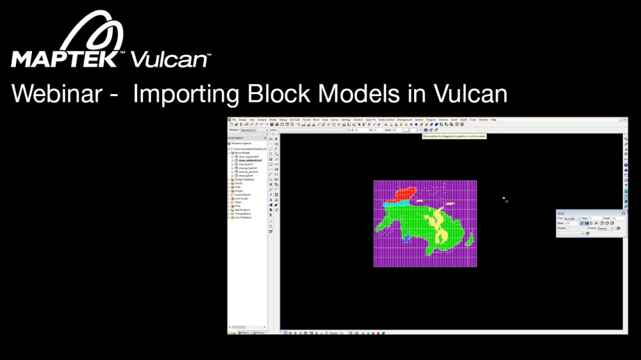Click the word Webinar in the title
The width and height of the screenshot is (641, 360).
coord(56,94)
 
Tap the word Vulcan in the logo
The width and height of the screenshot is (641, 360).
coord(169,60)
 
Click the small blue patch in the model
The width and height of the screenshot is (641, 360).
coord(406,238)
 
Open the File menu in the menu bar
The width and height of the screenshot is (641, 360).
coord(235,120)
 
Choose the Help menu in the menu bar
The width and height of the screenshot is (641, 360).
coord(494,120)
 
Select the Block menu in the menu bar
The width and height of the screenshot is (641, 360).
coord(316,120)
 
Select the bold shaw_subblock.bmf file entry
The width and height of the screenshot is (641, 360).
coord(248,160)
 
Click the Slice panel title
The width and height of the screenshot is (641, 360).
coord(562,213)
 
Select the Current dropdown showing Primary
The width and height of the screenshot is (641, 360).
coord(606,228)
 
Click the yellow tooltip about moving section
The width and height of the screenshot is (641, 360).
coord(454,136)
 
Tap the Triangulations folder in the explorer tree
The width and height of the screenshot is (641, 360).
coord(244,213)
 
